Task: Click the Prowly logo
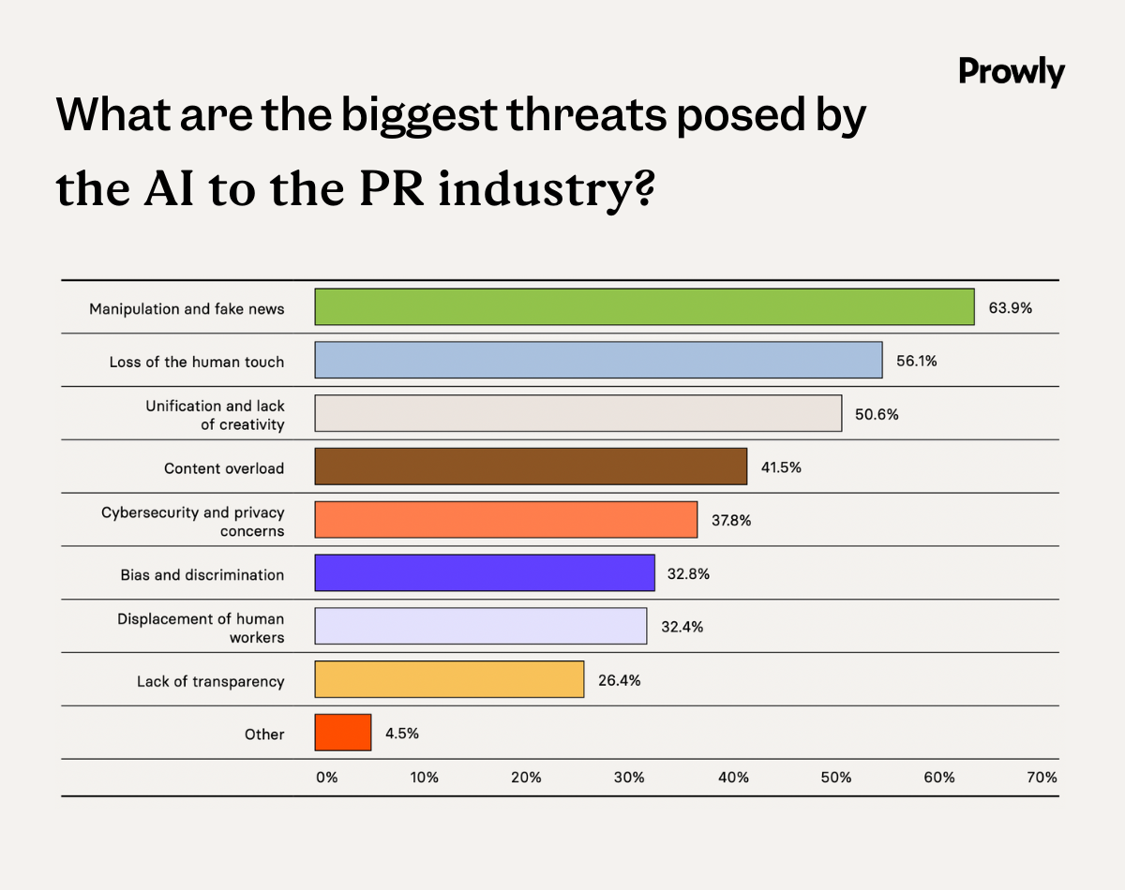pos(1012,72)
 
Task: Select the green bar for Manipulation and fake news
pos(644,307)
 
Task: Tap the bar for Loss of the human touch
pos(598,361)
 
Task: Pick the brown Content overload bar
pos(531,467)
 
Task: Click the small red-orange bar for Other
pos(343,733)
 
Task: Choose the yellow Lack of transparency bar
pos(449,679)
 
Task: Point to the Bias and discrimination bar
pos(485,573)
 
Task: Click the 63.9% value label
pos(1010,307)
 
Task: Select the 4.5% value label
pos(402,734)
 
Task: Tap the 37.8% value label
pos(730,521)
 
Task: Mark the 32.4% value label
pos(682,627)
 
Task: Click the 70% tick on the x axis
pos(1042,778)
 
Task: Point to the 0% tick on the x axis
pos(325,778)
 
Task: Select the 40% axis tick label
pos(733,778)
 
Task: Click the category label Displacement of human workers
pos(201,628)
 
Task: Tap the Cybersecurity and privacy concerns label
pos(193,522)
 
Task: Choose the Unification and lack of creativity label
pos(215,415)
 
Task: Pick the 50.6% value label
pos(877,414)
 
